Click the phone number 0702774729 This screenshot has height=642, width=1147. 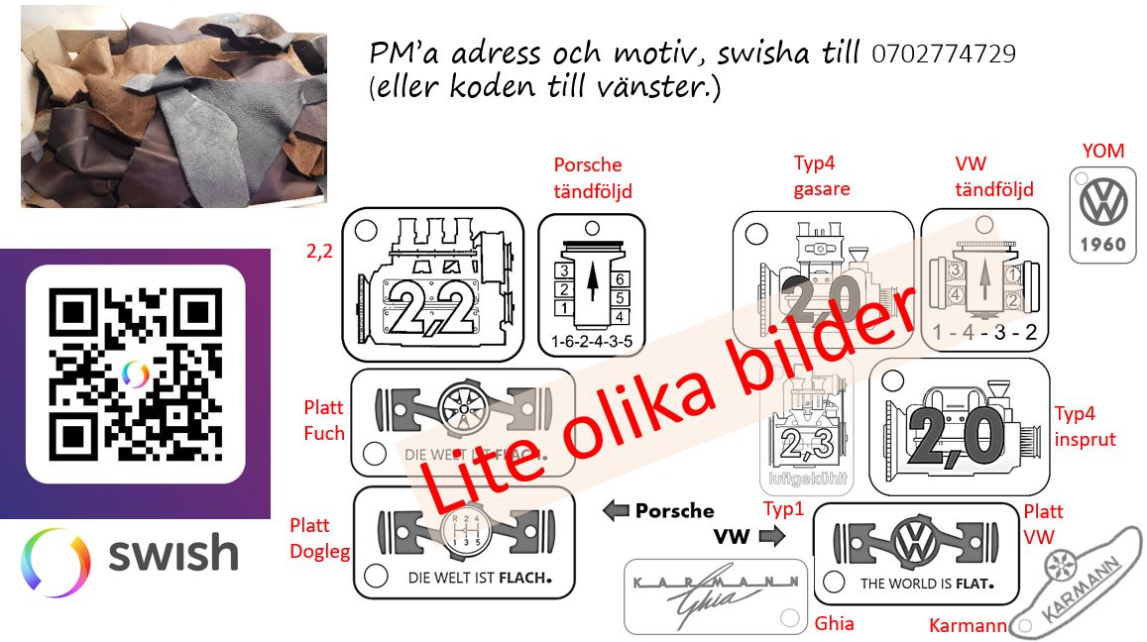pos(943,54)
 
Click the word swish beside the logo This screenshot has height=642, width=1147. pos(172,554)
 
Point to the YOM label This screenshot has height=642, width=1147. pos(1103,151)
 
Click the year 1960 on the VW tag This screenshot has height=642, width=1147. pos(1102,245)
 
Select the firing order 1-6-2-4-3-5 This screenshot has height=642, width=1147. pos(590,344)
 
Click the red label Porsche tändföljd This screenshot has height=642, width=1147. pos(593,177)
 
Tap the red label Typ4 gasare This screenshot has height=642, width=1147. pos(822,175)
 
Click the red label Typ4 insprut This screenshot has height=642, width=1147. pos(1085,426)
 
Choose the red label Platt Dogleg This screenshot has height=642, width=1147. pos(319,538)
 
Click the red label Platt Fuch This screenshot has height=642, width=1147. pos(324,420)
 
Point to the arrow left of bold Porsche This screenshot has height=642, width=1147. pos(617,511)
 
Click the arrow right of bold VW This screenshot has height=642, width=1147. pos(771,537)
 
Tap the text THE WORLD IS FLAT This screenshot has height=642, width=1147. pos(925,584)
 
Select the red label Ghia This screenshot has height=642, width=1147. pos(834,623)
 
